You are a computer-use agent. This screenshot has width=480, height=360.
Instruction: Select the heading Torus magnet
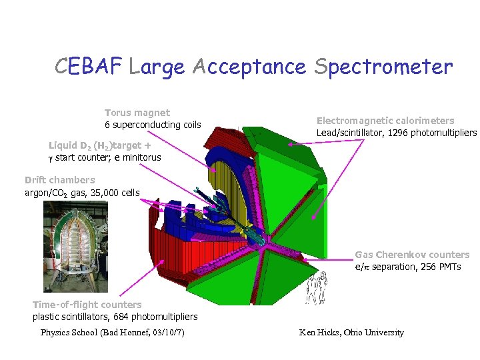tap(137, 113)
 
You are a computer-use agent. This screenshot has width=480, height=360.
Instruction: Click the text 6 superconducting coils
tap(153, 125)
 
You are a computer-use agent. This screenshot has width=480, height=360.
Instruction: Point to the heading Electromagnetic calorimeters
tap(385, 121)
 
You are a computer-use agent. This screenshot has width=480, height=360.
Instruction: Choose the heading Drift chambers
tap(60, 180)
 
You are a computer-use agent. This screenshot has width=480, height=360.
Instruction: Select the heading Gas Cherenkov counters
tap(412, 255)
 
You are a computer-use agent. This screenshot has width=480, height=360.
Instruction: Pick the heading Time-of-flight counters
tap(87, 305)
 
